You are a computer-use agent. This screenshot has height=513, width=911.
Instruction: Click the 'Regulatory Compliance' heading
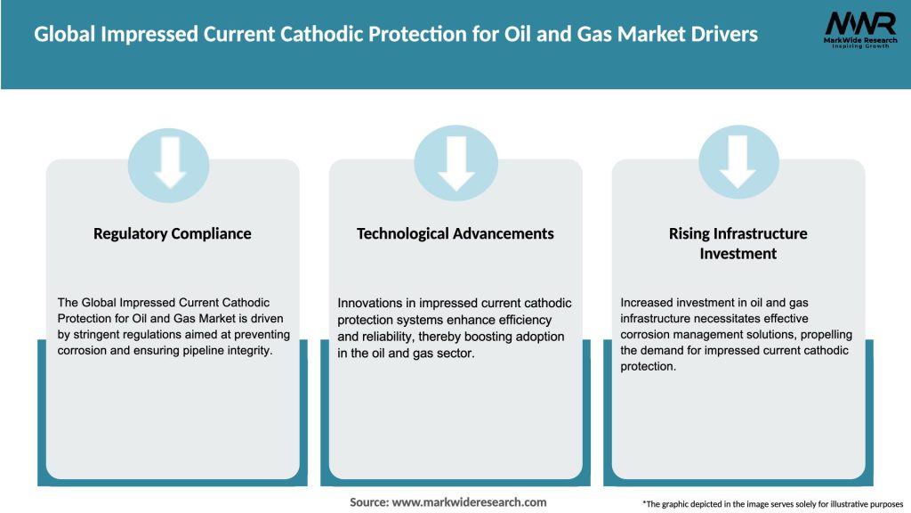[x=173, y=234]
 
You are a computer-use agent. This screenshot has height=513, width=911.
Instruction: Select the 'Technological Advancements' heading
[x=455, y=234]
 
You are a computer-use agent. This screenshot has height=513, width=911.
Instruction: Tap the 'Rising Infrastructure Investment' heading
[x=738, y=243]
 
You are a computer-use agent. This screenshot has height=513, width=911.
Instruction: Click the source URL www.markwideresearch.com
[x=470, y=502]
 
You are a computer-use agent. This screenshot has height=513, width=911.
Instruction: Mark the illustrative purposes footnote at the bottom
[x=772, y=504]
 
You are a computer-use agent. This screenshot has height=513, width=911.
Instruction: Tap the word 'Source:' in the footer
[x=369, y=502]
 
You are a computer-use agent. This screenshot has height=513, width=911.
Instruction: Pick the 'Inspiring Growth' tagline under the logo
[x=859, y=46]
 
